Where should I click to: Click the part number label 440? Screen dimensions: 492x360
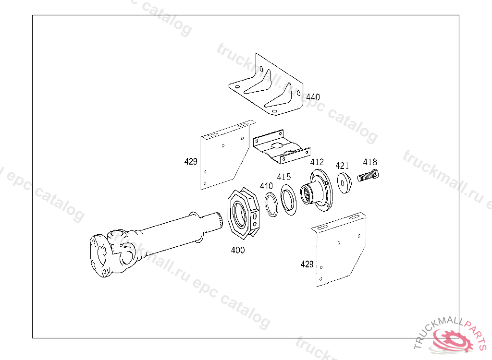(313, 97)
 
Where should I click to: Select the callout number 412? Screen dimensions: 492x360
(317, 162)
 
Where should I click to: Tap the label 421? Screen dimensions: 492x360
(342, 166)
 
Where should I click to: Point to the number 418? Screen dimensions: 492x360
(370, 162)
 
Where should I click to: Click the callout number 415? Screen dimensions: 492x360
(283, 177)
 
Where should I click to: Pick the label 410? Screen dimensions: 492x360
(266, 186)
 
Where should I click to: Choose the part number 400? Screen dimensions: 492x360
(237, 250)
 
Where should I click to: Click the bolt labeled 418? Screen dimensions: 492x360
(369, 176)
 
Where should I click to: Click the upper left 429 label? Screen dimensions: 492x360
(191, 162)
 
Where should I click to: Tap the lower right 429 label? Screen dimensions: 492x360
(307, 264)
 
